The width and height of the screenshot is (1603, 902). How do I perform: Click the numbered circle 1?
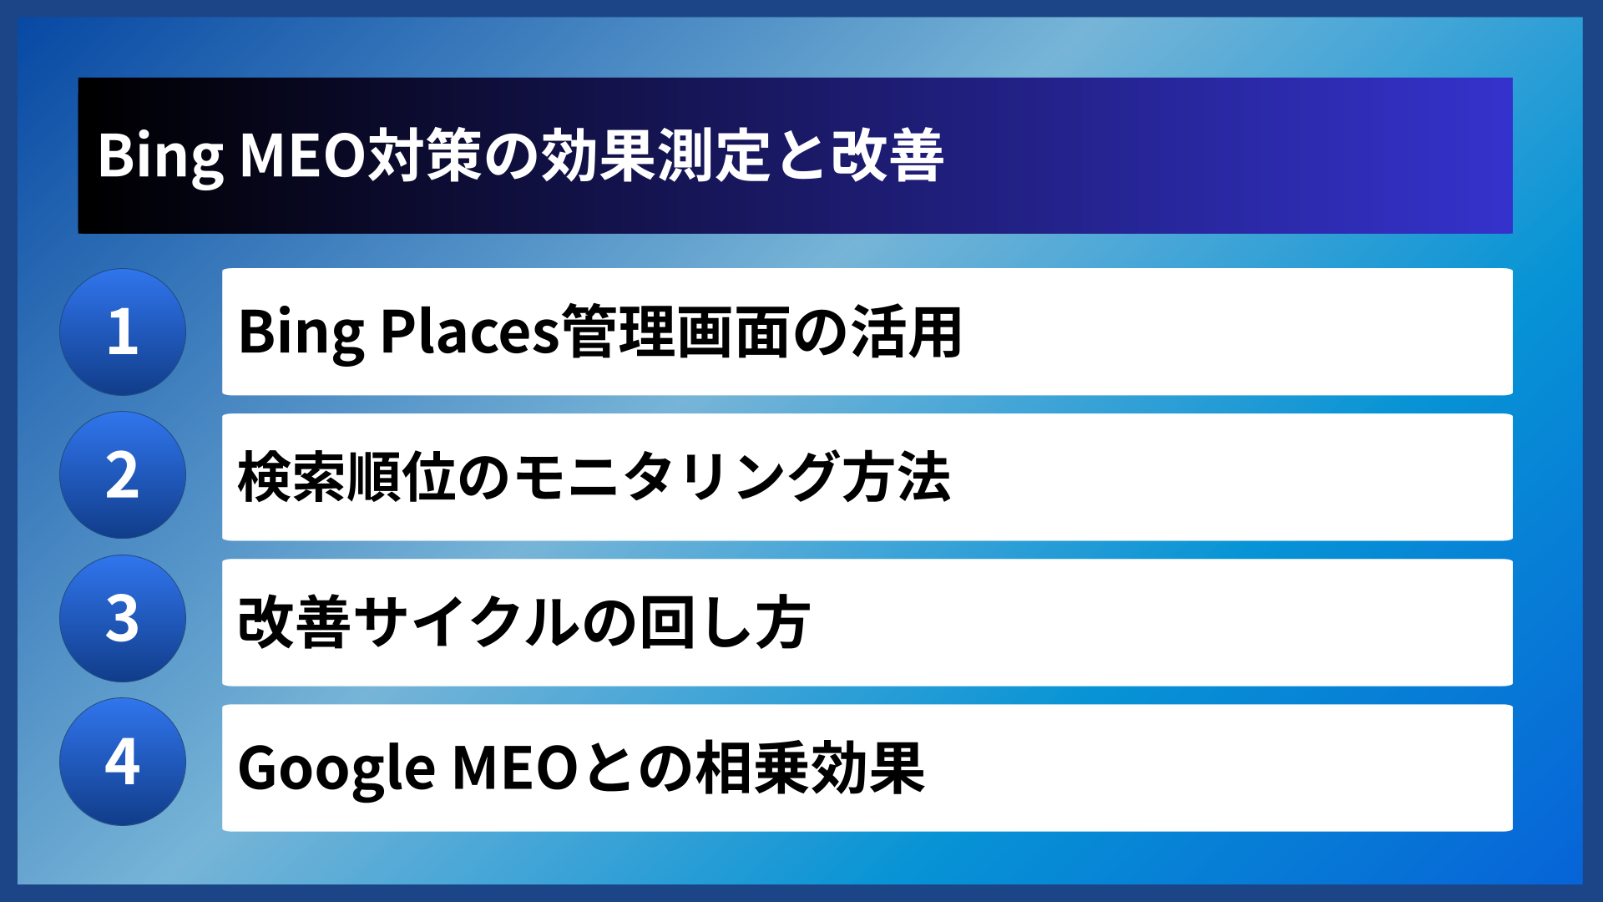click(x=123, y=332)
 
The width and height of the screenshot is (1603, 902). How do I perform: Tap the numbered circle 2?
click(x=123, y=475)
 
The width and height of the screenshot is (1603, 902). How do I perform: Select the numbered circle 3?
click(x=123, y=619)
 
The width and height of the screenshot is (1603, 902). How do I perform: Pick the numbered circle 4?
click(x=123, y=762)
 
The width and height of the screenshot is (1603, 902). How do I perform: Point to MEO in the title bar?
click(x=303, y=156)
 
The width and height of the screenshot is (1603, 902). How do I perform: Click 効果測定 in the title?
click(x=655, y=156)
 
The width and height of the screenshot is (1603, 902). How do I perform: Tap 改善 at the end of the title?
click(x=887, y=156)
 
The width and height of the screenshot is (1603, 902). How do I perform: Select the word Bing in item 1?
click(x=301, y=332)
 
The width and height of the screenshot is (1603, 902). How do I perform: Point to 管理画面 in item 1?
click(x=675, y=332)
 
